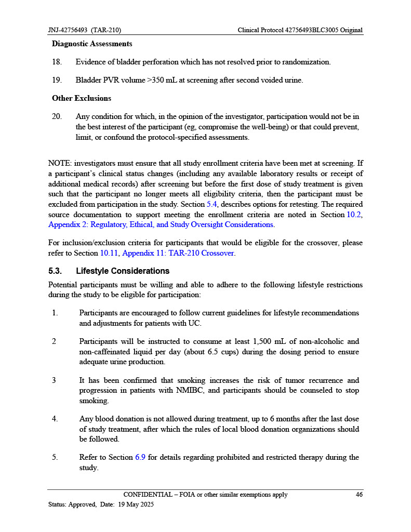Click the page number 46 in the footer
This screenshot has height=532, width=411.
(x=359, y=495)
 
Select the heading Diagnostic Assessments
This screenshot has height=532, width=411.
(x=92, y=44)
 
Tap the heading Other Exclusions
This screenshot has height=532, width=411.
(x=82, y=98)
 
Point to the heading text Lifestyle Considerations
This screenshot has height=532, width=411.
(x=123, y=271)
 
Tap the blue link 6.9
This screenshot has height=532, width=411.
(x=140, y=457)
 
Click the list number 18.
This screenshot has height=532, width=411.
(x=57, y=62)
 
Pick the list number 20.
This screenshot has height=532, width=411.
(x=57, y=117)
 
